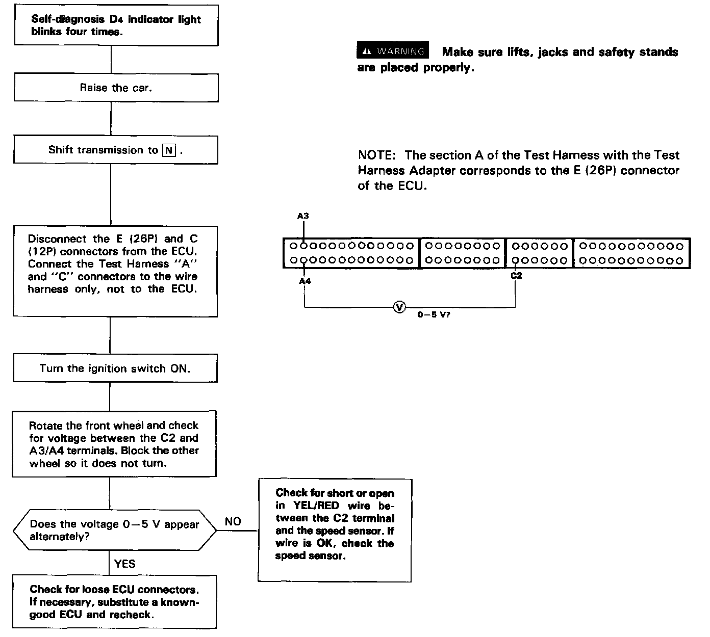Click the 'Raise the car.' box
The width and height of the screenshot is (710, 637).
point(116,88)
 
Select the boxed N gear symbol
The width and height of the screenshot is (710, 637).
point(169,150)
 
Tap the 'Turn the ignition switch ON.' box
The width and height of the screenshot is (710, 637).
point(115,368)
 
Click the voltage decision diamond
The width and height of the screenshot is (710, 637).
point(114,530)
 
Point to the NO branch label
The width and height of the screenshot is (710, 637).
point(233,521)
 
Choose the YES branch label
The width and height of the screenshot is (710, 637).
point(125,563)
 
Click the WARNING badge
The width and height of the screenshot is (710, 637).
point(393,51)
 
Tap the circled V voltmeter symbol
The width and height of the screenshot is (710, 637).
point(399,307)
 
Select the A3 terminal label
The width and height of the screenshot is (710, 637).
point(303,216)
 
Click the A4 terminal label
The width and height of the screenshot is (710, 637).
point(305,281)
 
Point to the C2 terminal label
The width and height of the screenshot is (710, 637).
point(516,276)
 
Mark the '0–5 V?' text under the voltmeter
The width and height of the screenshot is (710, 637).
point(434,315)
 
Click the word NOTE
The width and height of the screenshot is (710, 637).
point(376,155)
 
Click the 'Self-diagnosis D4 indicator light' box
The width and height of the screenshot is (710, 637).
point(116,25)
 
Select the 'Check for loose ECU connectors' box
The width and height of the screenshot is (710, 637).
point(114,601)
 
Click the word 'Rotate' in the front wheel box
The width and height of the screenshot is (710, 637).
point(45,426)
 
